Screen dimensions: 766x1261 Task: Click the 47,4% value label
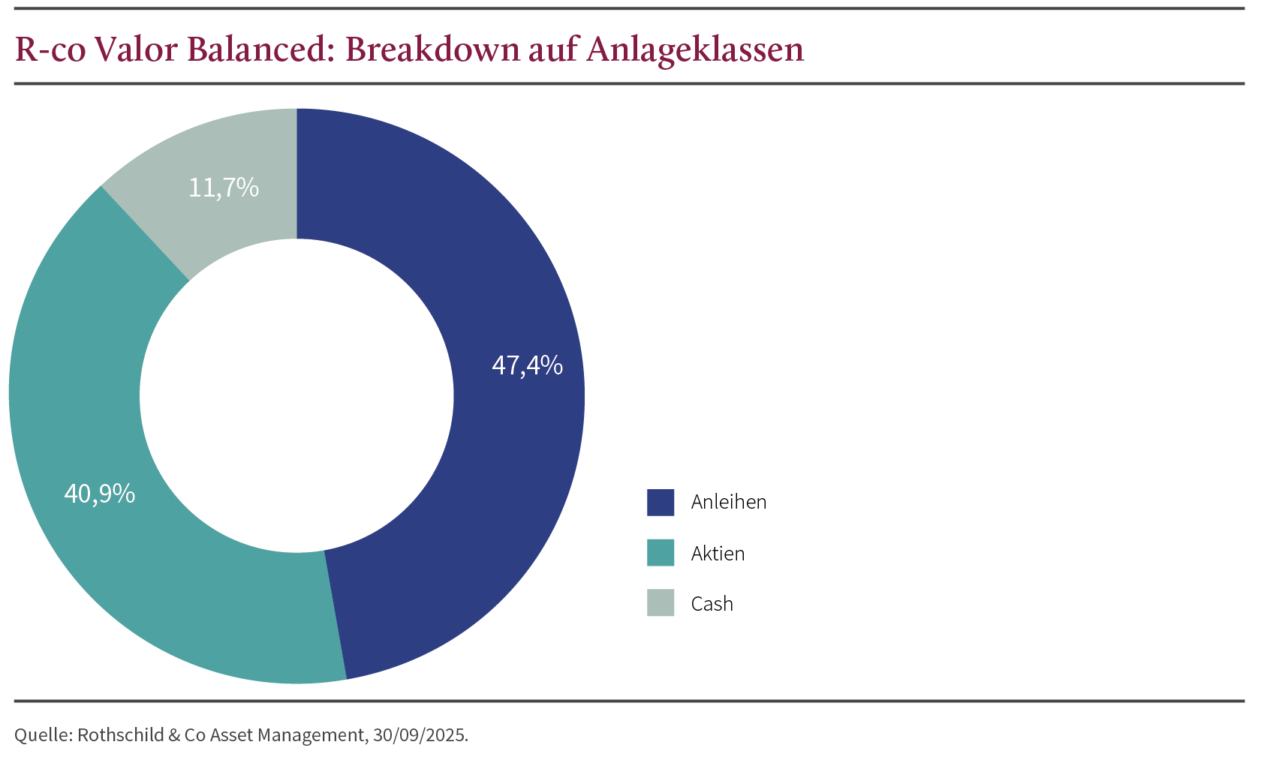[527, 365]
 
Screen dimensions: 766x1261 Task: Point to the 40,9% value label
[100, 494]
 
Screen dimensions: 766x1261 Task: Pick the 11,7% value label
[223, 188]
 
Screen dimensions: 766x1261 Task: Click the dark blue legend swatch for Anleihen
[661, 503]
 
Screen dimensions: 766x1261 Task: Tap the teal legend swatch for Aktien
[661, 553]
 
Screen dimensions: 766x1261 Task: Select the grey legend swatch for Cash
[661, 603]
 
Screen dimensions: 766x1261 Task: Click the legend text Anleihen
[729, 503]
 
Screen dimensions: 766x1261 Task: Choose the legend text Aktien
[718, 554]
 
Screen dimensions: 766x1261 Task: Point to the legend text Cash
[712, 604]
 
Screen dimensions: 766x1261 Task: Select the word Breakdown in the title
[423, 50]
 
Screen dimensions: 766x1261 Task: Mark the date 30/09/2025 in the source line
[420, 735]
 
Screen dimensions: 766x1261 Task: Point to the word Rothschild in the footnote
[120, 735]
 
